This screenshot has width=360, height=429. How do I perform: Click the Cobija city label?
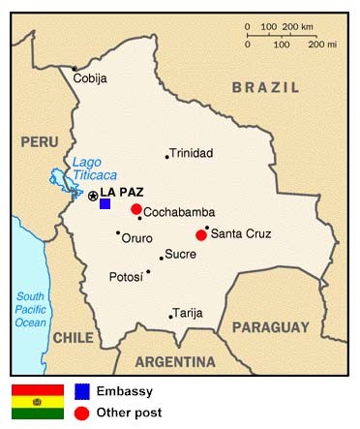pyautogui.click(x=91, y=78)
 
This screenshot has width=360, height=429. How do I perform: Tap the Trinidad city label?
pyautogui.click(x=192, y=153)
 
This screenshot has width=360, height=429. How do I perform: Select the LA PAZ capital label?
pyautogui.click(x=121, y=193)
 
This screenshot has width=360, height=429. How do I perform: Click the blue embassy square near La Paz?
pyautogui.click(x=105, y=203)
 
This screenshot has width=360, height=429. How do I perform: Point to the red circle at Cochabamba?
pyautogui.click(x=136, y=209)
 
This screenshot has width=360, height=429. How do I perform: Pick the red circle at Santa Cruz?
pyautogui.click(x=201, y=234)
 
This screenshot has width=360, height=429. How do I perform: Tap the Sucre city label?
pyautogui.click(x=181, y=255)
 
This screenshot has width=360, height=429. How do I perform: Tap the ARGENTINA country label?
pyautogui.click(x=174, y=362)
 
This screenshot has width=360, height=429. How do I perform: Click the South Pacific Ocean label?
pyautogui.click(x=31, y=309)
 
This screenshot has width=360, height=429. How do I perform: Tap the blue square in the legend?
pyautogui.click(x=83, y=391)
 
